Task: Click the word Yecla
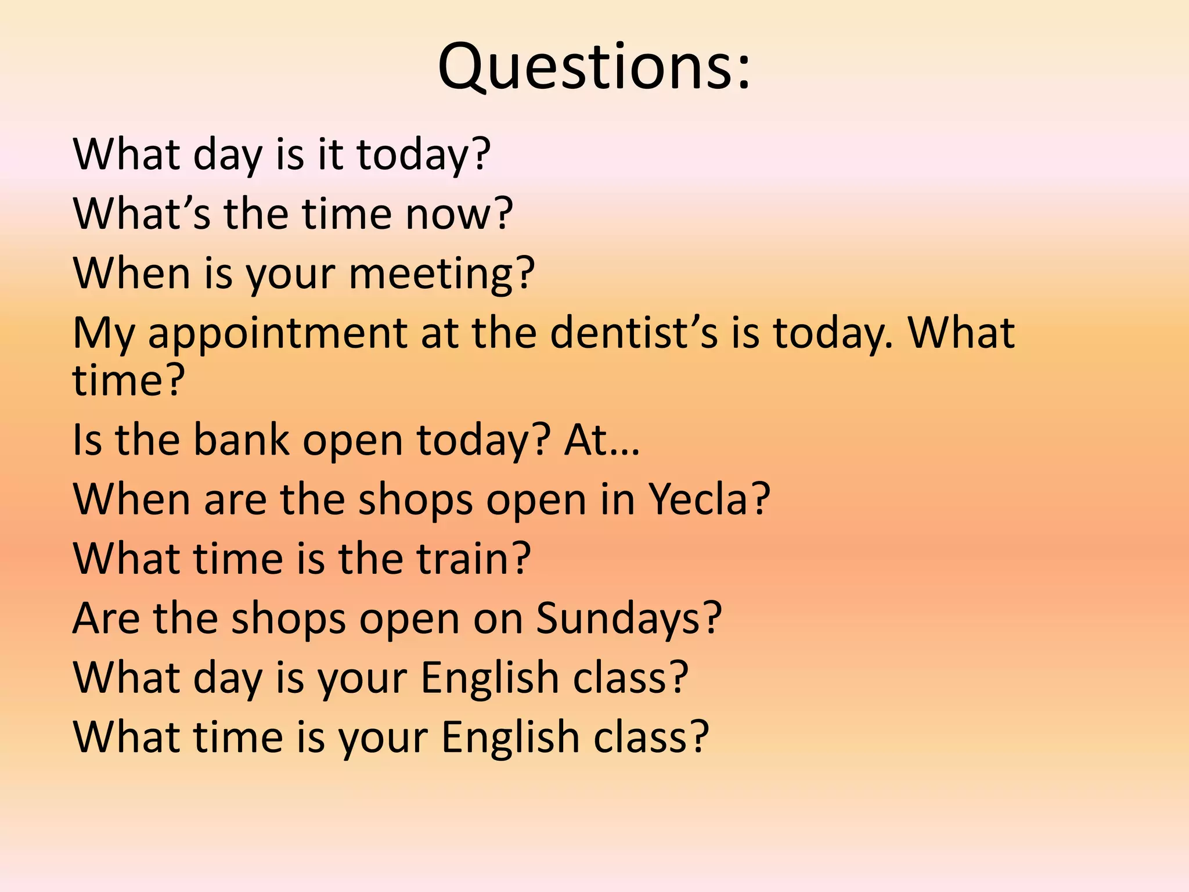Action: click(702, 499)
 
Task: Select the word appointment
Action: click(278, 334)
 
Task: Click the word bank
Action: click(241, 440)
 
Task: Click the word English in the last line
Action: click(510, 738)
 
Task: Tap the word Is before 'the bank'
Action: click(87, 440)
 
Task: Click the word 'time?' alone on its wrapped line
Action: click(128, 380)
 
